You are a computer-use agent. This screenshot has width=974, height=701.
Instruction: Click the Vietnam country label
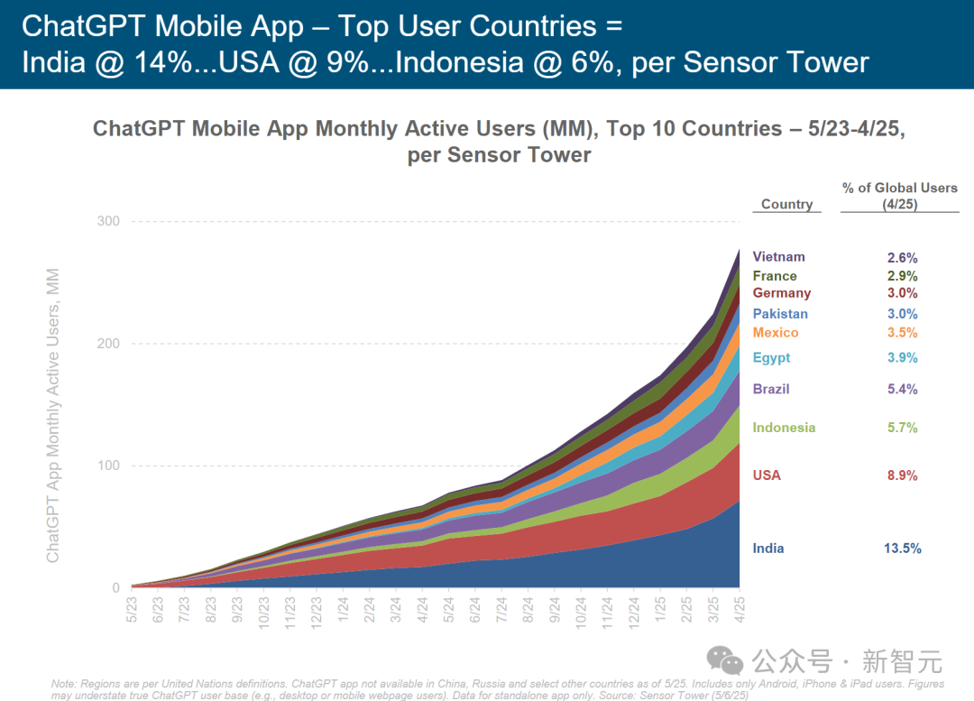click(x=778, y=257)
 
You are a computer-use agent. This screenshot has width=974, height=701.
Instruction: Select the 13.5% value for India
click(x=902, y=549)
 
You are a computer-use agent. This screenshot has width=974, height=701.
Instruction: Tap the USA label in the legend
click(x=767, y=475)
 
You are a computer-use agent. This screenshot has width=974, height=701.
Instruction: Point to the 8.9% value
click(x=902, y=475)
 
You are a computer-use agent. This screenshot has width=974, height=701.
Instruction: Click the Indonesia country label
click(x=784, y=428)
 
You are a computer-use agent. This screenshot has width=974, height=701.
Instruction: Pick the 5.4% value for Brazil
click(x=902, y=389)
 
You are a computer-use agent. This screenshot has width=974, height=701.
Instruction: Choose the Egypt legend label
click(x=771, y=357)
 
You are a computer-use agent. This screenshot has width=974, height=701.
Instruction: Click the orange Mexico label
click(x=776, y=333)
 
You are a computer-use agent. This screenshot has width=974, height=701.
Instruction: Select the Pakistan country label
click(x=780, y=314)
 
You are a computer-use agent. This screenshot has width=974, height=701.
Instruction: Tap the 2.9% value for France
click(x=902, y=276)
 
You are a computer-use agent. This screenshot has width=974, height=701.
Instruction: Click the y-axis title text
click(x=53, y=415)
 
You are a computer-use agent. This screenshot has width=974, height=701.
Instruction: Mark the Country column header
click(x=786, y=205)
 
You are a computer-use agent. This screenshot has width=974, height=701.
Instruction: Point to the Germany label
click(x=782, y=293)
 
